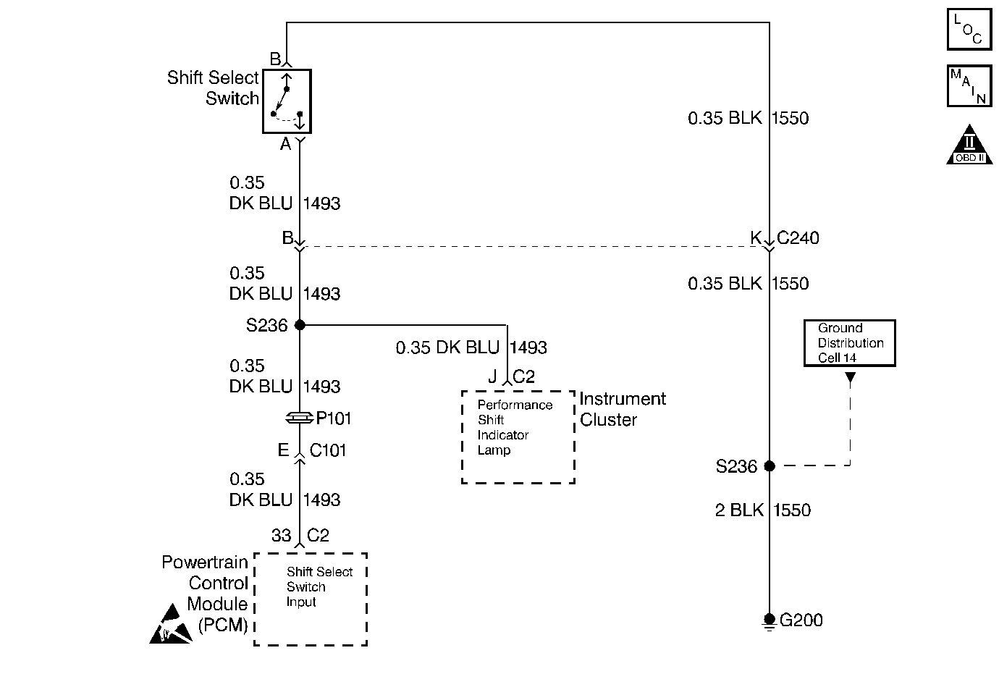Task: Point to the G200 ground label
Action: (x=801, y=620)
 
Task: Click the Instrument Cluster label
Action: (x=623, y=409)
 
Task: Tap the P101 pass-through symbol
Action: (x=300, y=418)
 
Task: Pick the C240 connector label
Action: (x=798, y=237)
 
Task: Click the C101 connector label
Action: (x=328, y=450)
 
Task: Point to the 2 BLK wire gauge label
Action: (x=739, y=510)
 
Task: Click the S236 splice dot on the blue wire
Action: (x=300, y=325)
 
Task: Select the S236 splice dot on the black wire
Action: (x=770, y=466)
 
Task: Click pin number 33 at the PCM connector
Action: (x=281, y=535)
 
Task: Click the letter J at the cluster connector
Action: (x=492, y=376)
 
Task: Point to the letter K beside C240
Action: (x=756, y=237)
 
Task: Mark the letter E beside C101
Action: (x=283, y=450)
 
